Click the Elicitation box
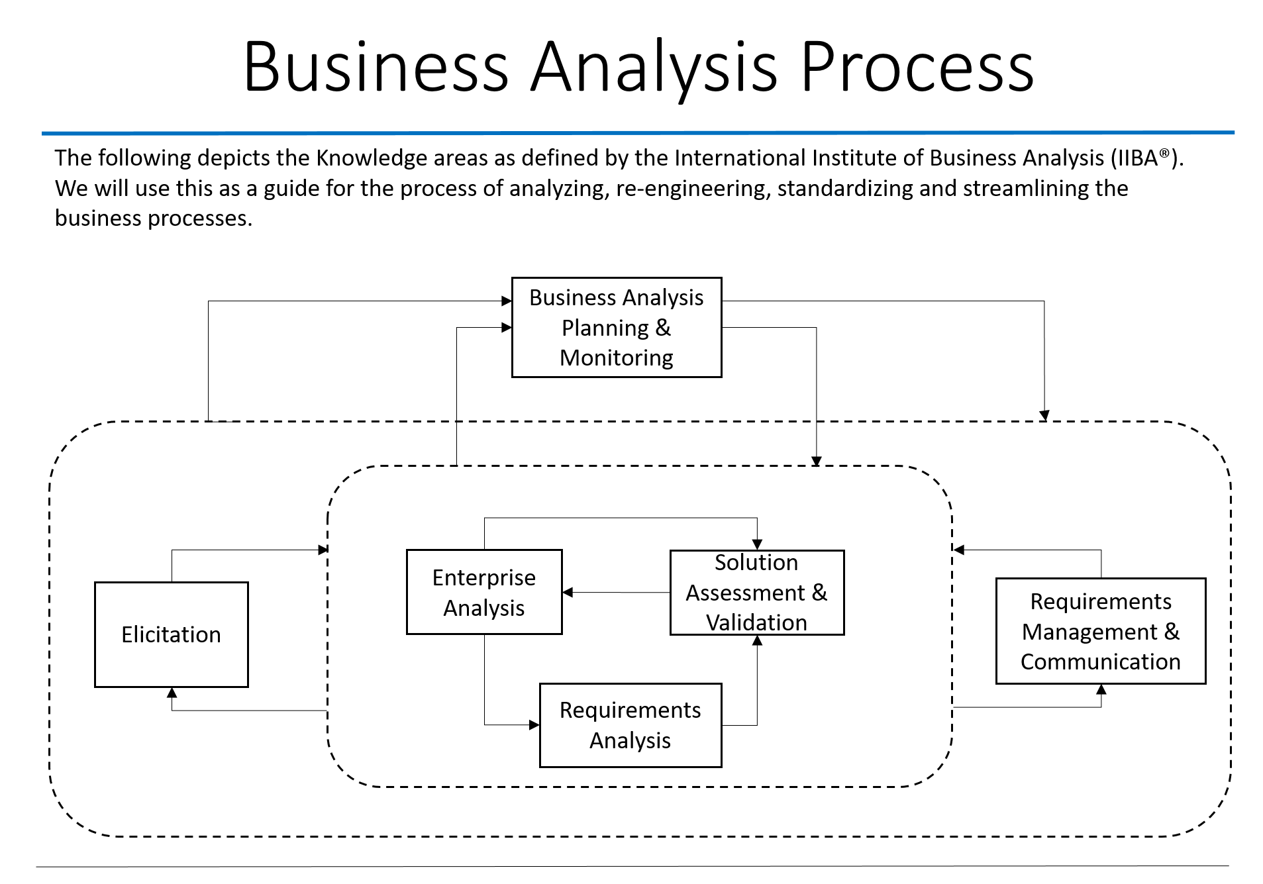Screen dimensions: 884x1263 pyautogui.click(x=171, y=634)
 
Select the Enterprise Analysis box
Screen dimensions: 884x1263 pyautogui.click(x=483, y=592)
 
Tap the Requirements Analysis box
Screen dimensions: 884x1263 pyautogui.click(x=630, y=725)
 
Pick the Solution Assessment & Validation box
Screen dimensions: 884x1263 pyautogui.click(x=756, y=592)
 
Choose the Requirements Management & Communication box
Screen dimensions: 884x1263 pyautogui.click(x=1100, y=631)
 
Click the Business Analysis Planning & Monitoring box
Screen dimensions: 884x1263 pyautogui.click(x=616, y=327)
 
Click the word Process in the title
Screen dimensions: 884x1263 pyautogui.click(x=917, y=67)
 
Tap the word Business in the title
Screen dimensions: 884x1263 pyautogui.click(x=376, y=67)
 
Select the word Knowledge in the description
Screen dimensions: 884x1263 pyautogui.click(x=372, y=158)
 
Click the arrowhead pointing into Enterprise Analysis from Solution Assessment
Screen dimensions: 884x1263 pyautogui.click(x=568, y=592)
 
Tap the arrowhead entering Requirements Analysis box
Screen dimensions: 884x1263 pyautogui.click(x=534, y=725)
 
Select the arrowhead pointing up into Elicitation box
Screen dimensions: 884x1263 pyautogui.click(x=172, y=693)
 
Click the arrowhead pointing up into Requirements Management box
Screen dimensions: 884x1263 pyautogui.click(x=1101, y=689)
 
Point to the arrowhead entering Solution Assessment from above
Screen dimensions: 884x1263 pyautogui.click(x=757, y=544)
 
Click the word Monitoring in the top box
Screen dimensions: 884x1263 pyautogui.click(x=616, y=358)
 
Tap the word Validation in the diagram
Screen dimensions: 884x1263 pyautogui.click(x=756, y=622)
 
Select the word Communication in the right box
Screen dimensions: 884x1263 pyautogui.click(x=1100, y=662)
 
